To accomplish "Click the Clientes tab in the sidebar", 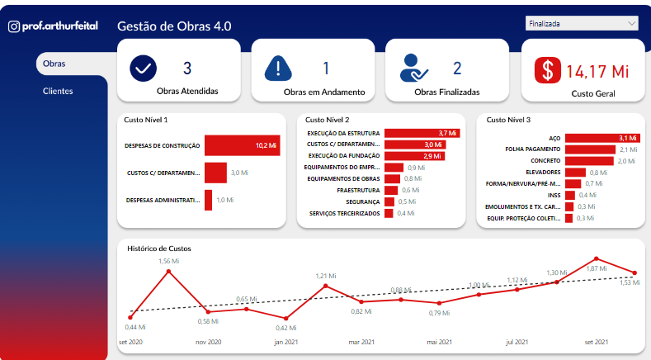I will (x=58, y=91).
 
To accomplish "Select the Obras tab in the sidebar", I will (x=54, y=64).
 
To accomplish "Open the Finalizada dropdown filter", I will (x=583, y=23).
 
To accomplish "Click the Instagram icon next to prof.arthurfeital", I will (x=14, y=26).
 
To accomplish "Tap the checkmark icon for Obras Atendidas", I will (x=144, y=69).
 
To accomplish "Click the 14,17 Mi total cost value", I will (x=597, y=71).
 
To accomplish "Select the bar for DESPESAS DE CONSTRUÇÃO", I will (x=243, y=145).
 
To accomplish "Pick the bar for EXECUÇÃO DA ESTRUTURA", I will (x=421, y=133).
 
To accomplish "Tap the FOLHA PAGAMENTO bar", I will (x=591, y=149).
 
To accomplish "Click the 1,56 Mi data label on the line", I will (x=169, y=261).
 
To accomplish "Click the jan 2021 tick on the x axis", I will (x=286, y=342).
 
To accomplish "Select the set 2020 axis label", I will (x=130, y=342).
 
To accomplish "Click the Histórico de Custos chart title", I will (x=159, y=248).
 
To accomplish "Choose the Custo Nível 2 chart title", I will (x=328, y=120).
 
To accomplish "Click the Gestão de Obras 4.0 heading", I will (x=175, y=26).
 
